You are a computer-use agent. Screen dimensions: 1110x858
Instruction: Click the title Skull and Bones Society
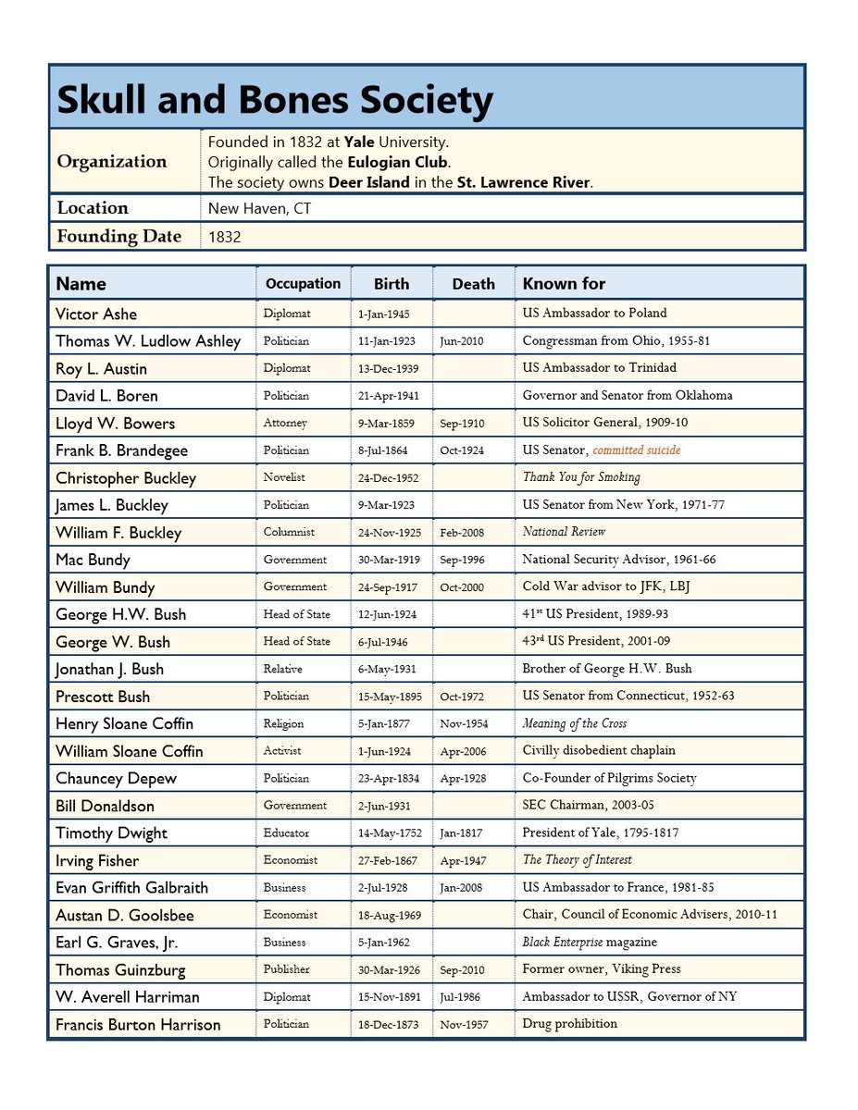[274, 99]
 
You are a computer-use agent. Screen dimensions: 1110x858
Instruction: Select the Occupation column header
[303, 284]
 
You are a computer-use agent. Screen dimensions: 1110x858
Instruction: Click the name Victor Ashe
[96, 314]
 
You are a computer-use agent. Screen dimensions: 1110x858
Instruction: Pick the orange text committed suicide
[636, 450]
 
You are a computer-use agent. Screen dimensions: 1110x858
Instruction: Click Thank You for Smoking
[580, 477]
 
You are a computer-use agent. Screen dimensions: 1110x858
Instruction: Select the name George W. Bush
[113, 642]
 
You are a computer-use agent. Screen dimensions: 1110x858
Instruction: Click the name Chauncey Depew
[116, 779]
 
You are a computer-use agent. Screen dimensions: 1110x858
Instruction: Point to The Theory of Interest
[577, 860]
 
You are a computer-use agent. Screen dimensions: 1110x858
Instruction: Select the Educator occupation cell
[286, 832]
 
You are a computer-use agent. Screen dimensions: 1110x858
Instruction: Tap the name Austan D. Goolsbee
[125, 915]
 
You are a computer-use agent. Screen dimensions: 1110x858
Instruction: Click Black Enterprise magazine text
[590, 943]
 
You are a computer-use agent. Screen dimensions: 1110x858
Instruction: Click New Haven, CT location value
[259, 208]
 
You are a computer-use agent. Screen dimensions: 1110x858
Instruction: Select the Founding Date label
[118, 236]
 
